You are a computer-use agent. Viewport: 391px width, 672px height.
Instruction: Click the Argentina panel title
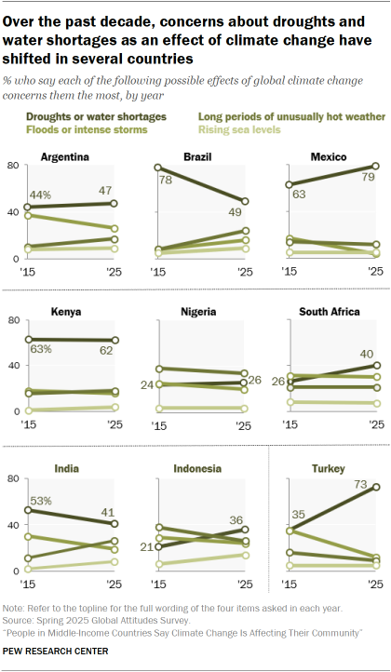pos(64,156)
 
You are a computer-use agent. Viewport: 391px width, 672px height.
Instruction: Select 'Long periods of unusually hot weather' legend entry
pos(280,116)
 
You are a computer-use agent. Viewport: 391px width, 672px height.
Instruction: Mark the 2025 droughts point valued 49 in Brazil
pos(243,202)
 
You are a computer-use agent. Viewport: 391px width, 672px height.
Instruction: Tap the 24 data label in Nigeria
pos(146,383)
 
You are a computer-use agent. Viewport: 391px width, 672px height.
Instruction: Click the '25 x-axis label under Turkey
pos(372,587)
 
